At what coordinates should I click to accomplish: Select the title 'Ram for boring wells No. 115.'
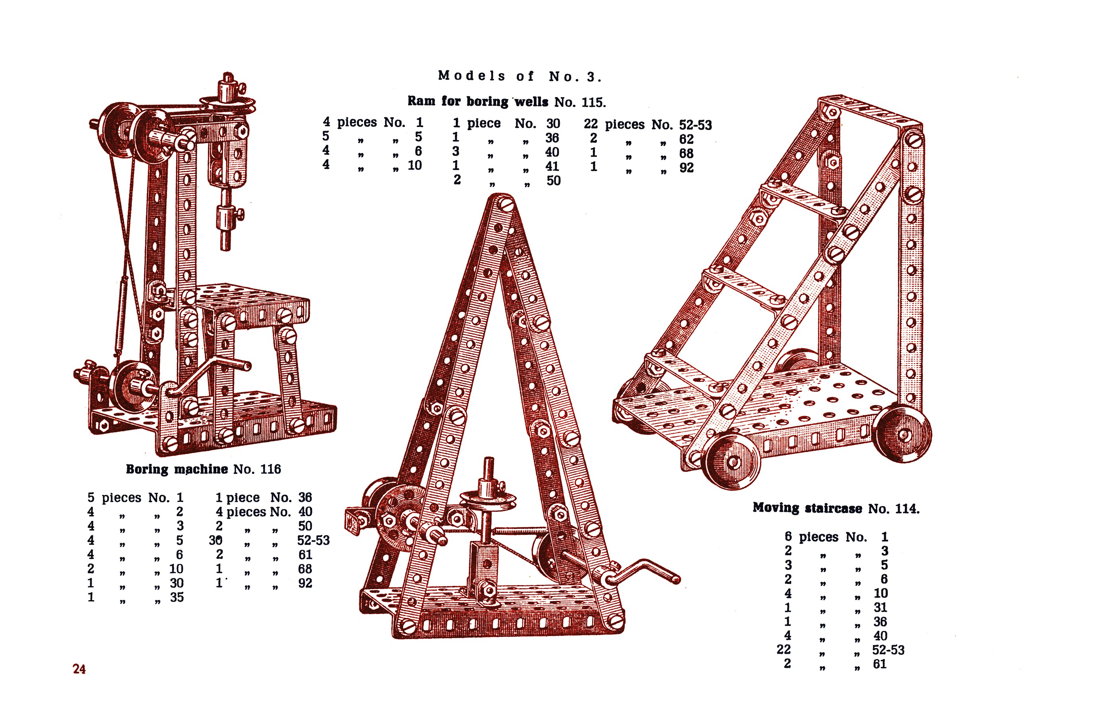(507, 102)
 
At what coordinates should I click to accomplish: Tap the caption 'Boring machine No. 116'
(204, 469)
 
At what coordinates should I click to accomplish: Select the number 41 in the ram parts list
(552, 166)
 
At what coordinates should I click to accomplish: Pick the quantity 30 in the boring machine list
(216, 540)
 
